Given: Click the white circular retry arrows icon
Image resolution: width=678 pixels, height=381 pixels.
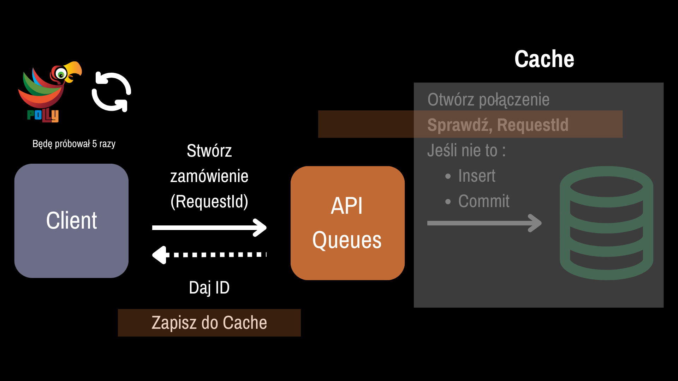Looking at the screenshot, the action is coord(112,92).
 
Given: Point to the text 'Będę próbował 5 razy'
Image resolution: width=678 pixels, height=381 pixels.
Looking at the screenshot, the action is coord(74,144).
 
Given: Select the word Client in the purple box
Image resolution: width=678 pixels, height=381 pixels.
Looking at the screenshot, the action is coord(71,220).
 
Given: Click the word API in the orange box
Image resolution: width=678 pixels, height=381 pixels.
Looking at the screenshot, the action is coord(347,206).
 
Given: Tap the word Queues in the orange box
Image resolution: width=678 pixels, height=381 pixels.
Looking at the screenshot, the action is coord(347,240).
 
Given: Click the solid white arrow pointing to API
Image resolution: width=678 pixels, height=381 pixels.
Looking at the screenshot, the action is coord(209,228).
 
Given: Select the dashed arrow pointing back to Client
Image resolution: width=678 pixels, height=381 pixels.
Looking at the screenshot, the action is coord(209,255).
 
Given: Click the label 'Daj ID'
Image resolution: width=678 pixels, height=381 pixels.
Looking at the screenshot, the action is coord(209,288).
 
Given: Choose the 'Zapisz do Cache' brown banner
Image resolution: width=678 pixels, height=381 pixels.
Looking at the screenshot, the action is coord(209,323).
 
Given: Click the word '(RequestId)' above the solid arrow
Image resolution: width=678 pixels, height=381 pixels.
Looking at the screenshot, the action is coord(209,201).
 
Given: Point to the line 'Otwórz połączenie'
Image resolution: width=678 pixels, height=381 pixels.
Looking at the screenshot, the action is coord(488,100).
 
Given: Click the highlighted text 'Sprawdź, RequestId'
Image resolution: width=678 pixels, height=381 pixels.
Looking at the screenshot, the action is coord(498,125).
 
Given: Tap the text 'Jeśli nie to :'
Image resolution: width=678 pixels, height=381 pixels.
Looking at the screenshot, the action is coord(466,151).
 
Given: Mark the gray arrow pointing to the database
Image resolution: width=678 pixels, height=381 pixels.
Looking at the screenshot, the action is coord(484,223).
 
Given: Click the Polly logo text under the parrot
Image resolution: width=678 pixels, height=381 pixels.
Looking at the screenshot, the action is coord(43,115).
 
